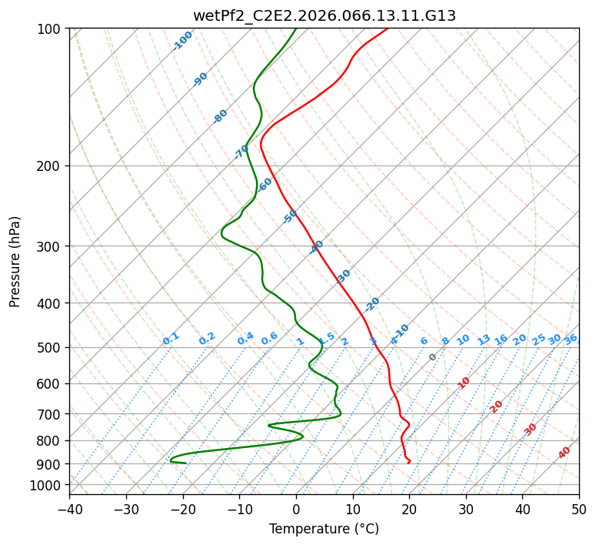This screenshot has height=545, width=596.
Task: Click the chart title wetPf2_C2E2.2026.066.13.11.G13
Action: (324, 15)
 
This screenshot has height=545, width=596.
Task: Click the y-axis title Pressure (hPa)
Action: (15, 262)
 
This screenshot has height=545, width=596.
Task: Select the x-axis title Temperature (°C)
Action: (324, 529)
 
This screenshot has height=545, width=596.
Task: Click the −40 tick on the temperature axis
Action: (69, 509)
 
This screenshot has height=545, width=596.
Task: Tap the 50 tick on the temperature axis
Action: (579, 509)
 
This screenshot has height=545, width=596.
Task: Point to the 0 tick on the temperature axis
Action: (296, 509)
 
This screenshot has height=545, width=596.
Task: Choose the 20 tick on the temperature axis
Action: (409, 509)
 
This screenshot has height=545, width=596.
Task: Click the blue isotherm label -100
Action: (182, 41)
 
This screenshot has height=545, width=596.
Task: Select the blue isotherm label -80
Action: (221, 116)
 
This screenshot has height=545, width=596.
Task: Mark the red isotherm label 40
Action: (564, 453)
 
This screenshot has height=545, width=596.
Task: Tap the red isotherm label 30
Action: (531, 430)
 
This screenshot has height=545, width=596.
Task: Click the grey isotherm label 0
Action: (433, 357)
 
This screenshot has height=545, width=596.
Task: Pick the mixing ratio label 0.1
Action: (171, 339)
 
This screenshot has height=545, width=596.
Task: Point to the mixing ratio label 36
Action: (571, 339)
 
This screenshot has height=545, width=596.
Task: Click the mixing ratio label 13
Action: (484, 339)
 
